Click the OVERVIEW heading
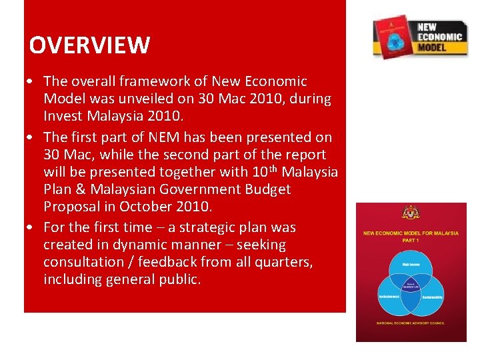89,45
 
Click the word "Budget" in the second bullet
267,189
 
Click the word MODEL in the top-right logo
433,48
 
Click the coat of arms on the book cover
411,213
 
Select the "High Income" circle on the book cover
411,264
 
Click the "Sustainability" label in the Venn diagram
434,295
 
